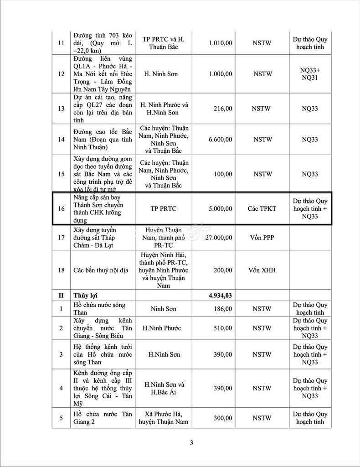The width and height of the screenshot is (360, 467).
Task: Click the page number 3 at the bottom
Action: pos(192,443)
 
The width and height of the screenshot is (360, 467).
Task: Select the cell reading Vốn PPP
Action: pos(262,238)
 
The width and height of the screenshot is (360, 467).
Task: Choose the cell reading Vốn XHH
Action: pos(262,270)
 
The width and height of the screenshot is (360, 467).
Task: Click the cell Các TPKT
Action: pos(262,208)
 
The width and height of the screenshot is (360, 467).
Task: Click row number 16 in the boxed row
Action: pos(61,208)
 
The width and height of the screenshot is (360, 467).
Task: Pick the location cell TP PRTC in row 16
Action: pos(164,208)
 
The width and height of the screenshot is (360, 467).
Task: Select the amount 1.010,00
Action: pos(220,43)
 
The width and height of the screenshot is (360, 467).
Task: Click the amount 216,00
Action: pos(222,109)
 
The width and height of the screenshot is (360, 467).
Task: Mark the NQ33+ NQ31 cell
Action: pos(310,74)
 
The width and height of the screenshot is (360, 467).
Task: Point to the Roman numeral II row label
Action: pos(61,296)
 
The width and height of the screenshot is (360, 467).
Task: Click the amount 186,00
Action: pos(222,309)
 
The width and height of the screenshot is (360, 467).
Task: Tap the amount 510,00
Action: pos(222,328)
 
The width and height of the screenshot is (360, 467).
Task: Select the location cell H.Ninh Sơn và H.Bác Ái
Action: pos(164,389)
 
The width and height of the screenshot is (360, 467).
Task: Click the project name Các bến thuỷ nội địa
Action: pos(101,270)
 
